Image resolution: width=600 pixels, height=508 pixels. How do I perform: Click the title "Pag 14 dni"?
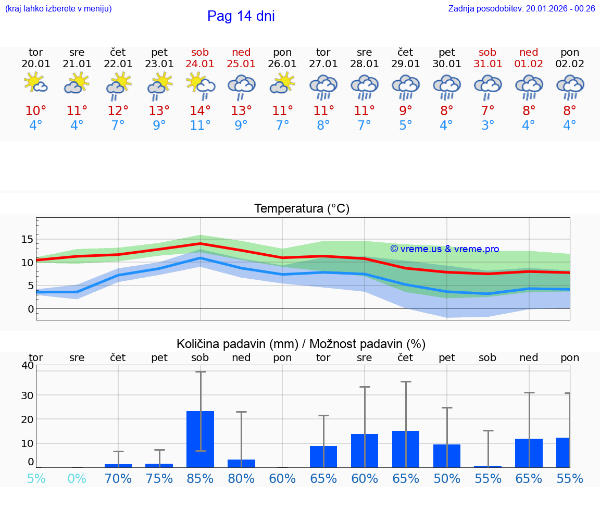pos(241,16)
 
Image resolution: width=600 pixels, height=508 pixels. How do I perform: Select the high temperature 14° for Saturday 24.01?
pos(200,111)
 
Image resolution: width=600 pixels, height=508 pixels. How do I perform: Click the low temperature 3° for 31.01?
pos(488,126)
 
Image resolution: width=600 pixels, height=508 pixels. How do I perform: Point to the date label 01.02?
pos(529,64)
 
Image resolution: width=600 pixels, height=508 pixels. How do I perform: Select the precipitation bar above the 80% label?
pos(241,463)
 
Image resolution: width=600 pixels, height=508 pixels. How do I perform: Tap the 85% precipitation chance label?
pos(200,478)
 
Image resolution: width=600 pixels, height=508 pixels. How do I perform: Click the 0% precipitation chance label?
pos(77,478)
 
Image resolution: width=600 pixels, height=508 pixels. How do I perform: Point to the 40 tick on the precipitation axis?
pos(28,365)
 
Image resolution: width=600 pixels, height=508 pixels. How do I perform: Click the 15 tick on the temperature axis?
pos(27,239)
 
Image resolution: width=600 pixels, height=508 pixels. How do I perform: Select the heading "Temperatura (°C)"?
pos(302,209)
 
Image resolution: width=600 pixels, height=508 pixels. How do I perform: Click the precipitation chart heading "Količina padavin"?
pos(301,344)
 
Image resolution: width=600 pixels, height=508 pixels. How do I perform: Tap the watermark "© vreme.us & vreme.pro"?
pos(444,249)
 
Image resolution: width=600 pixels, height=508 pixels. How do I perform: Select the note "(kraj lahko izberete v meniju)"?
pos(58,9)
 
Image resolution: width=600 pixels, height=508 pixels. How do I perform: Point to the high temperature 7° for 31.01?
pos(488,111)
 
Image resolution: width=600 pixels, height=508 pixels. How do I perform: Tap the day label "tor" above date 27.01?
pos(323,52)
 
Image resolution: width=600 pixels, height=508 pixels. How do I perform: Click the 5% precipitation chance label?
pos(36,478)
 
